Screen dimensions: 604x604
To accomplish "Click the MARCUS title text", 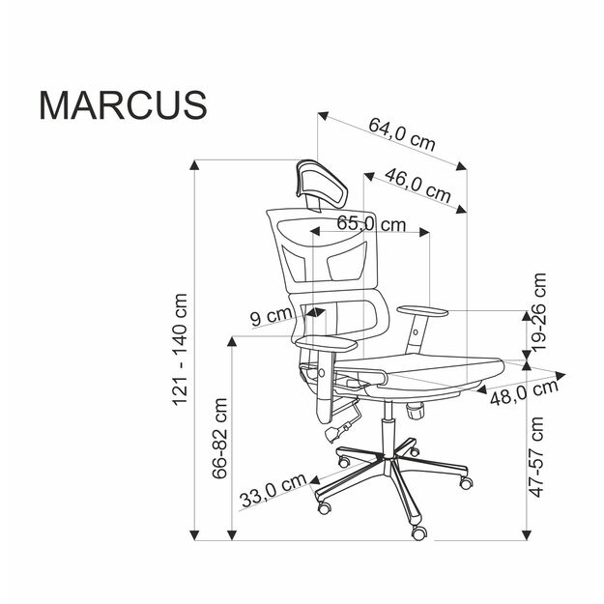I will [123, 104].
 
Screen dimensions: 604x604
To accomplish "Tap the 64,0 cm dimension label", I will [400, 131].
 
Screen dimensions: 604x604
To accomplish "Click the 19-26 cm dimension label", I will [538, 310].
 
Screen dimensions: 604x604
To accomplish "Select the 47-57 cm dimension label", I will [538, 457].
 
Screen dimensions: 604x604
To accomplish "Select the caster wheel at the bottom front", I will [419, 531].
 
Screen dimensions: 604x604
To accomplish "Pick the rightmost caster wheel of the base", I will [468, 479].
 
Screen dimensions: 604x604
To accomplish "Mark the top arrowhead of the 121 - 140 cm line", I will [196, 165].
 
